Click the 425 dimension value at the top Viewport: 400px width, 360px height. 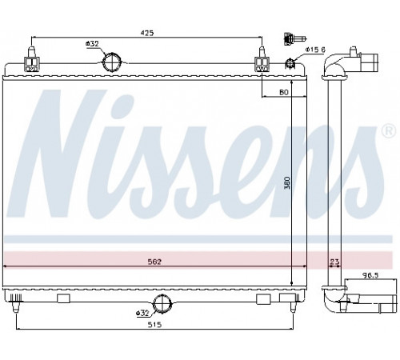point(147,33)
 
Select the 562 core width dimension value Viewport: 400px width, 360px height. point(154,262)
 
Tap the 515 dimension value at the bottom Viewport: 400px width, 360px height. point(154,325)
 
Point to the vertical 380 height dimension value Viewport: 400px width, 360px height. point(287,182)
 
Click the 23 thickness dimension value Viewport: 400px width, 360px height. point(334,262)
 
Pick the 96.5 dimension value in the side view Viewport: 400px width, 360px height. point(370,275)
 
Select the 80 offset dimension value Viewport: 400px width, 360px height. point(284,92)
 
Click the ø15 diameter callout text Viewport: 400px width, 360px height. point(315,50)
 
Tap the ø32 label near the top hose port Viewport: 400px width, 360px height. point(92,43)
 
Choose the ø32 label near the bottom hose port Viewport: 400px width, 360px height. point(142,313)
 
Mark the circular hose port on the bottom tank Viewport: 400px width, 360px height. point(162,303)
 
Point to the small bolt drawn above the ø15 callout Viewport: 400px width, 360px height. point(294,39)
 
